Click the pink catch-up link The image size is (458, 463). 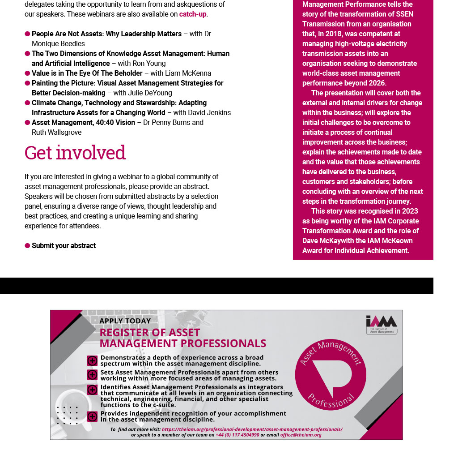(193, 14)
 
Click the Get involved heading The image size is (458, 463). (75, 153)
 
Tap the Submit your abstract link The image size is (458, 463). (64, 245)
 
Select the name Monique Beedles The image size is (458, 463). (58, 43)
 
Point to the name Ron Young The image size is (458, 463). (149, 63)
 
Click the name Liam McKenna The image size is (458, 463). (187, 73)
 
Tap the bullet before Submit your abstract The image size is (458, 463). (27, 245)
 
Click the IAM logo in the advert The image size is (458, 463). (381, 324)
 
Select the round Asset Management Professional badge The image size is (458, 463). (331, 374)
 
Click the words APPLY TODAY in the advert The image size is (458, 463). (125, 321)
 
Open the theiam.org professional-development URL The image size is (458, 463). (252, 429)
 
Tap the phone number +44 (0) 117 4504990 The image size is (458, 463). (237, 435)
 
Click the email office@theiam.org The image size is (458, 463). (301, 435)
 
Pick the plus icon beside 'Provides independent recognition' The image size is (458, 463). (92, 416)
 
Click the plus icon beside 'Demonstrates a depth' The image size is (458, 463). (92, 360)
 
